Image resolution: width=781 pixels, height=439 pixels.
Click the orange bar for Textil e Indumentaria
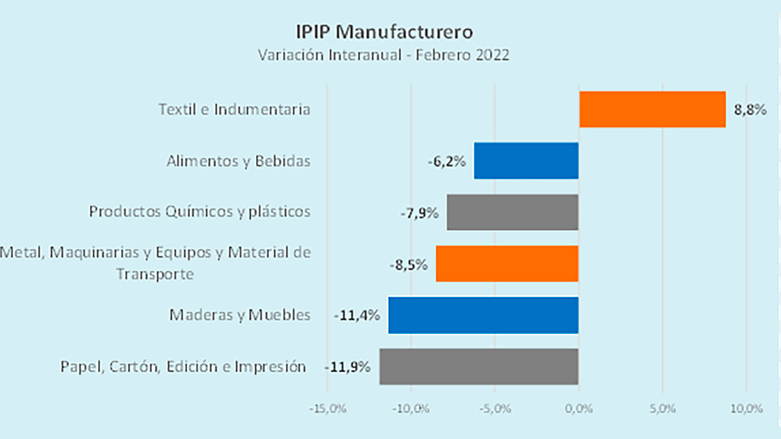(x=652, y=109)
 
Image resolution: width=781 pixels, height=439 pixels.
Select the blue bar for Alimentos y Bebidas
(x=526, y=161)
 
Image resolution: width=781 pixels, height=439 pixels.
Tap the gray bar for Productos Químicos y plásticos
(x=513, y=212)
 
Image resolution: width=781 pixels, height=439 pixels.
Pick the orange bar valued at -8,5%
(x=507, y=263)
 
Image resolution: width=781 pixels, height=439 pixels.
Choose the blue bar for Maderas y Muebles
(x=483, y=315)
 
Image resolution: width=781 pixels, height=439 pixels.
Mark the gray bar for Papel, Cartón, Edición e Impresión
(x=479, y=366)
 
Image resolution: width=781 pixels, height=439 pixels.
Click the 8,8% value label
(x=750, y=110)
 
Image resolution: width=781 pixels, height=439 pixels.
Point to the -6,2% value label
(x=447, y=162)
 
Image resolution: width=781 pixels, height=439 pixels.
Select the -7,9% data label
(x=419, y=213)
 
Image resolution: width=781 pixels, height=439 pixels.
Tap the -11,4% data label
(x=357, y=315)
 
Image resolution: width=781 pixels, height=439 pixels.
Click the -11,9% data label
(x=347, y=367)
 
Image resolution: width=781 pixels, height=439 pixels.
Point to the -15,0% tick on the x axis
(x=328, y=409)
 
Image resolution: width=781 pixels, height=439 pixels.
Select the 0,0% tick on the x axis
(x=578, y=409)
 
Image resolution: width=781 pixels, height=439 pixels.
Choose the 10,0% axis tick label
(x=746, y=409)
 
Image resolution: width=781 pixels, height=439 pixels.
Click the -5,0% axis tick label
(x=495, y=409)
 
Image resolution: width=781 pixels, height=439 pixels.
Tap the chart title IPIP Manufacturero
(x=384, y=32)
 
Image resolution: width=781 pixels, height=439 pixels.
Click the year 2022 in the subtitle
(x=493, y=55)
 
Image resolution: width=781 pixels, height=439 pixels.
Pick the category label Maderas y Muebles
(x=240, y=315)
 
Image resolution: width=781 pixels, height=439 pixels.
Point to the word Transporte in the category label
(x=155, y=274)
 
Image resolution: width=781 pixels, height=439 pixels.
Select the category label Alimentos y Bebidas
(x=238, y=161)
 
